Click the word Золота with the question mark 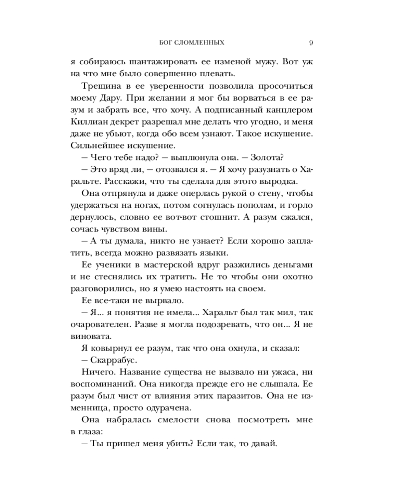coord(264,158)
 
